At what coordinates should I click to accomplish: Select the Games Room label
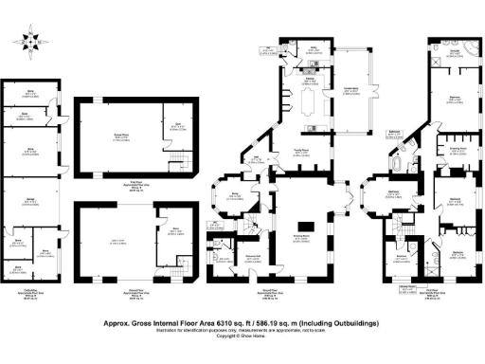pyautogui.click(x=121, y=136)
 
